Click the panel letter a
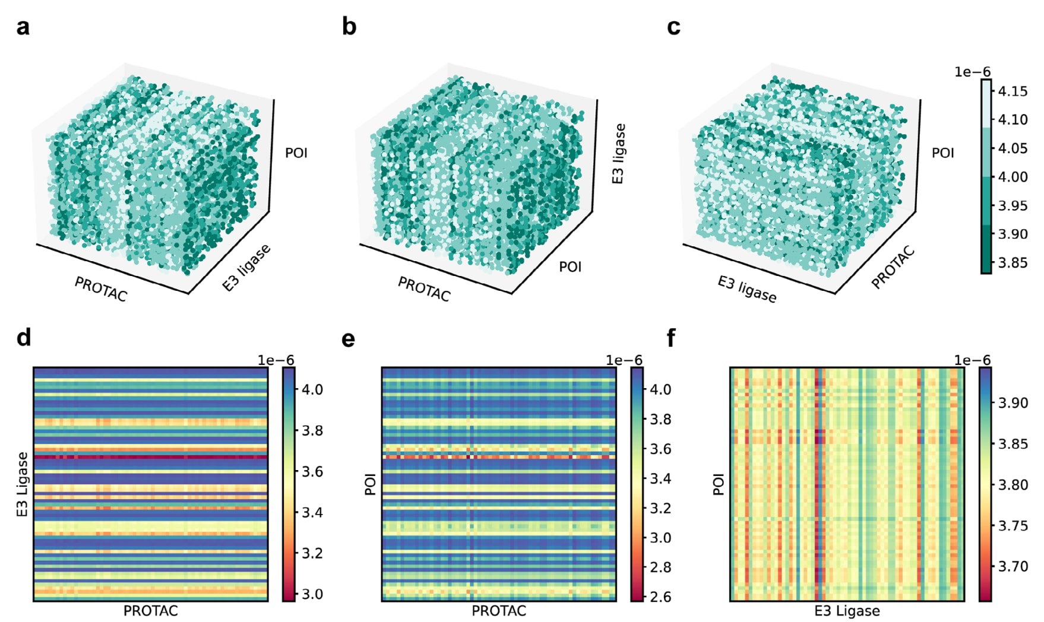(x=23, y=27)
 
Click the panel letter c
(x=673, y=27)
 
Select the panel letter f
(x=671, y=338)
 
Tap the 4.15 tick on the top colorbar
(x=1013, y=91)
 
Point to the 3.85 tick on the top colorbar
(x=1013, y=263)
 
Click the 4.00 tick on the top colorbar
(x=1013, y=177)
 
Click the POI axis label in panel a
(x=296, y=153)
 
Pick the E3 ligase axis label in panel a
(x=246, y=267)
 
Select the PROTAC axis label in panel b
(x=424, y=289)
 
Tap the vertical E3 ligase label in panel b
(x=619, y=154)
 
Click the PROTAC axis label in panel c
(x=893, y=268)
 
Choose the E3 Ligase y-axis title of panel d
(x=23, y=484)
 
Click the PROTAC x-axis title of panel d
(x=150, y=611)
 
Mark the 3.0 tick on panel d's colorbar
(x=311, y=594)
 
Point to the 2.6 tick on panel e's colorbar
(x=660, y=597)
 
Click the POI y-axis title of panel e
(x=371, y=484)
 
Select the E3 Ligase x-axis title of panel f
(x=847, y=611)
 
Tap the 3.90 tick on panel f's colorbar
(x=1013, y=403)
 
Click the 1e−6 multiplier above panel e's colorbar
(x=624, y=360)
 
